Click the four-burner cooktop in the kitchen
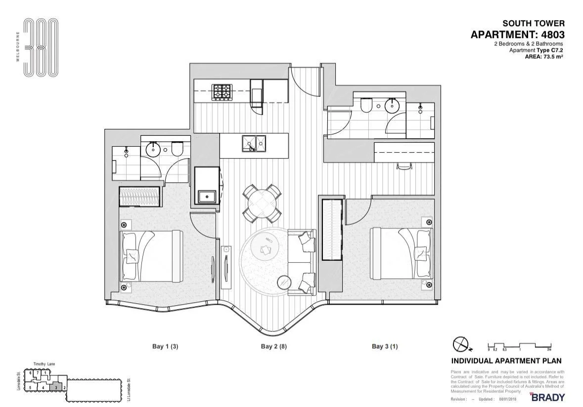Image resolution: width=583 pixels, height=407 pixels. tap(222, 92)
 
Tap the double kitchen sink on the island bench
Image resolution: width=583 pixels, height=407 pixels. tap(253, 144)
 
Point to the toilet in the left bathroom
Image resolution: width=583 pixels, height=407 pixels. tap(177, 148)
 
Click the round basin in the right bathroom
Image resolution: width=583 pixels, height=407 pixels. tap(392, 105)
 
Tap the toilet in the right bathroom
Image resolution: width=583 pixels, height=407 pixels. tap(367, 104)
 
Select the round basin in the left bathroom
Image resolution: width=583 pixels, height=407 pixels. tap(153, 149)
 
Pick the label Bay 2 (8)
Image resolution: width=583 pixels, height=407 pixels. tap(273, 347)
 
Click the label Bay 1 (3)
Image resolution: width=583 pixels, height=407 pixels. tap(165, 347)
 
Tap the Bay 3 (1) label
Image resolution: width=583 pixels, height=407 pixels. tap(385, 347)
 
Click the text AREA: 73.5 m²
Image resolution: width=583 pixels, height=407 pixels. tap(544, 57)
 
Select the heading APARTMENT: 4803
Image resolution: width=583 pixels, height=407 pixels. tap(517, 35)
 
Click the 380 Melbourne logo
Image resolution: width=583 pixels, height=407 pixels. tap(41, 47)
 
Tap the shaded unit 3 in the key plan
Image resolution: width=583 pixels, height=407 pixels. tap(56, 387)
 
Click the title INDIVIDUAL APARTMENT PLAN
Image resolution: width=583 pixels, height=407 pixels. tap(506, 361)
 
